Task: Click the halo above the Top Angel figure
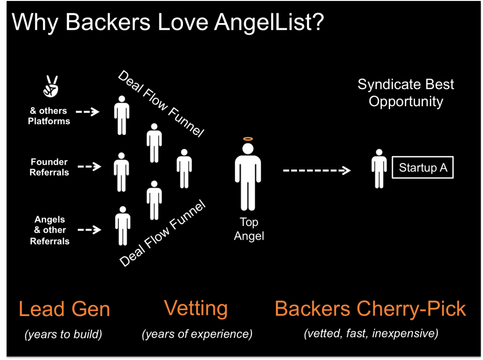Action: click(x=248, y=139)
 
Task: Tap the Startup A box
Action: click(x=423, y=167)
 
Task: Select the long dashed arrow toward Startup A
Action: click(x=316, y=170)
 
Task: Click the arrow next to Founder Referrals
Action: click(x=89, y=167)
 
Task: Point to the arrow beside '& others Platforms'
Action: click(x=87, y=112)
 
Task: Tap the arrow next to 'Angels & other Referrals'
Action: click(x=89, y=230)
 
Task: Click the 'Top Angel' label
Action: click(x=249, y=229)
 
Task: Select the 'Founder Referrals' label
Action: click(x=49, y=167)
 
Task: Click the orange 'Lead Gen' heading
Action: click(x=64, y=309)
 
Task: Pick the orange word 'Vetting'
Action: click(x=196, y=309)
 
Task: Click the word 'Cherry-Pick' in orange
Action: click(x=411, y=309)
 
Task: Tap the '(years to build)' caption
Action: click(x=63, y=335)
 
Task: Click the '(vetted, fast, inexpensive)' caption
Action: click(x=371, y=334)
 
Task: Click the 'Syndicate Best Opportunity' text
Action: click(x=406, y=93)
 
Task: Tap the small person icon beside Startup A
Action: click(x=379, y=169)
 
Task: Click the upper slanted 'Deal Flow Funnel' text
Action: click(x=160, y=104)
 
